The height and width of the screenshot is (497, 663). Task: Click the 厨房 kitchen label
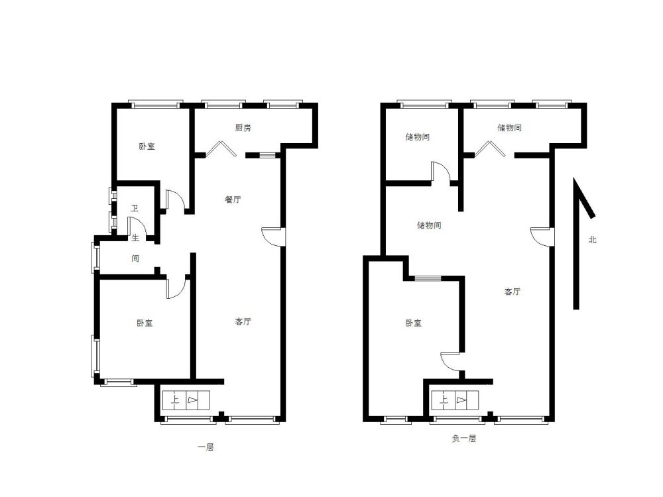click(x=243, y=128)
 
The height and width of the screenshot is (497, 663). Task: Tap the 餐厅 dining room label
click(x=233, y=199)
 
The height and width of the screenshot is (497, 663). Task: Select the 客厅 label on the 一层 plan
click(x=243, y=321)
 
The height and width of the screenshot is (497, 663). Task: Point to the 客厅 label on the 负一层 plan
click(x=512, y=291)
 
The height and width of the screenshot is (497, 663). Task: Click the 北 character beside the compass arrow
click(x=592, y=240)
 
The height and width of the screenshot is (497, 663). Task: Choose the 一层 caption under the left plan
click(x=206, y=447)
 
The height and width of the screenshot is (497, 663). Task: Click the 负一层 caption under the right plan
click(x=464, y=438)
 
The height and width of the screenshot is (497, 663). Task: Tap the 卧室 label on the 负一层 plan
click(x=414, y=323)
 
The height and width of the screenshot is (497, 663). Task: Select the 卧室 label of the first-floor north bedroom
click(x=147, y=146)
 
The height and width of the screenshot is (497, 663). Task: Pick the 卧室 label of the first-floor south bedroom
click(x=145, y=323)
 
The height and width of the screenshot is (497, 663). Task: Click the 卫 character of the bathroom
click(x=135, y=208)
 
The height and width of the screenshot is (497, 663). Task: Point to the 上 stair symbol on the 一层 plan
click(x=174, y=400)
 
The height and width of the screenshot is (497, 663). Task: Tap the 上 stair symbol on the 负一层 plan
click(x=444, y=400)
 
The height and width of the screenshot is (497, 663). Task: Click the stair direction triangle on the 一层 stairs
click(x=192, y=400)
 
